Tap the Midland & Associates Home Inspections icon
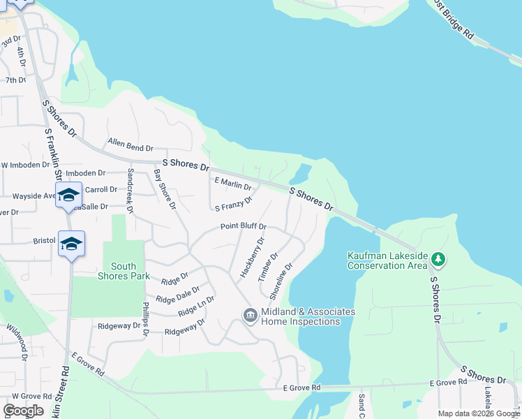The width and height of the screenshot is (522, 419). point(250,316)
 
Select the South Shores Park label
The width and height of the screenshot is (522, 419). point(124,271)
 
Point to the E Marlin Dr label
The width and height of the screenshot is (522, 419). point(233,183)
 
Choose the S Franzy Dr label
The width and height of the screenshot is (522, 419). point(233,205)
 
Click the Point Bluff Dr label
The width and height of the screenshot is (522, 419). point(244,226)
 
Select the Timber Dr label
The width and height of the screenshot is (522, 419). point(269,267)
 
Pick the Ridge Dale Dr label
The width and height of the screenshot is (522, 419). point(178,294)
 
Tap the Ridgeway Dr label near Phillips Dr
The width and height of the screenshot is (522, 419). point(119,325)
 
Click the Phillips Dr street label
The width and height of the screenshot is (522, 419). point(146,318)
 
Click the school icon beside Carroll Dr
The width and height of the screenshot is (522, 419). point(68,195)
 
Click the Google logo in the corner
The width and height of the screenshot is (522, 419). point(24,411)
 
